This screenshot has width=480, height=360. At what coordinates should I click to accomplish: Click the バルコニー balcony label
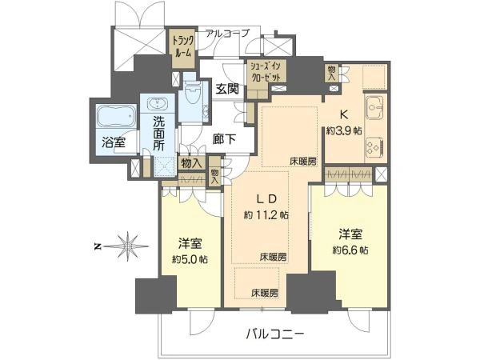click(x=275, y=334)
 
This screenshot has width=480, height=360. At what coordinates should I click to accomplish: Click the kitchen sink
click(x=374, y=108)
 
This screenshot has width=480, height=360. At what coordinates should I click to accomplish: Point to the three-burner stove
click(x=374, y=146)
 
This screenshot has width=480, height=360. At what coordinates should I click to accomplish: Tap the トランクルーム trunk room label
click(x=183, y=46)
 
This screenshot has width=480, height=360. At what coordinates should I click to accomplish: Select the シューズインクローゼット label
click(x=266, y=71)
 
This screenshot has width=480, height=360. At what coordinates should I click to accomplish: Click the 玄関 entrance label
click(x=227, y=89)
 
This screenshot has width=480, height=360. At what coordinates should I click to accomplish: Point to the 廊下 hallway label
click(x=225, y=139)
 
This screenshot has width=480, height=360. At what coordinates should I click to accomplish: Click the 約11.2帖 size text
click(x=266, y=215)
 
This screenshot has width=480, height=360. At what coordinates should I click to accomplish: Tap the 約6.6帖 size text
click(x=350, y=250)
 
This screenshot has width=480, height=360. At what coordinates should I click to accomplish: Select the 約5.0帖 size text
click(x=190, y=260)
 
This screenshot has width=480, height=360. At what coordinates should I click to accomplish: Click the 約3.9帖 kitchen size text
click(x=344, y=130)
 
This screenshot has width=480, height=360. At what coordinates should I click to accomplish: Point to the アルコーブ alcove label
click(x=227, y=33)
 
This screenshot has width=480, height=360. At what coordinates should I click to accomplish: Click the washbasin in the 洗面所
click(x=158, y=103)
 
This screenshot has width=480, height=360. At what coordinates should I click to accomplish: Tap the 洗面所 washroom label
click(x=159, y=133)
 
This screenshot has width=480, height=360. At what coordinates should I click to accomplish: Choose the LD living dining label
click(x=266, y=199)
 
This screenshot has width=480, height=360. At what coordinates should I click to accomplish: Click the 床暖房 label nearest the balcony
click(x=265, y=293)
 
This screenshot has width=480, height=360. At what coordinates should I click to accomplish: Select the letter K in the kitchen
click(x=344, y=114)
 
